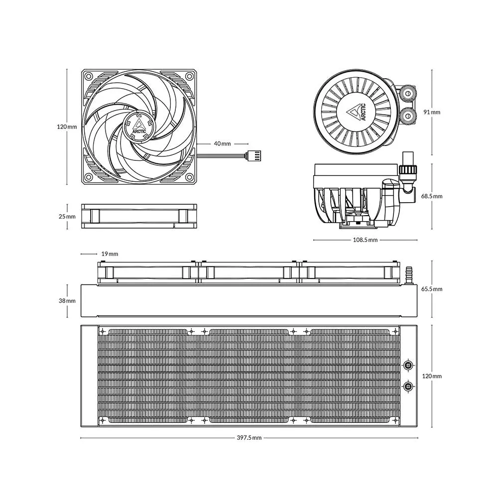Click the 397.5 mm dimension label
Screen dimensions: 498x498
pos(249,438)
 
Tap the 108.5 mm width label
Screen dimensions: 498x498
pos(365,240)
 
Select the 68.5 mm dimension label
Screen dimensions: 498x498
pos(432,196)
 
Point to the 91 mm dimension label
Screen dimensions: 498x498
pos(432,112)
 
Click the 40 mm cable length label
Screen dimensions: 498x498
pos(222,143)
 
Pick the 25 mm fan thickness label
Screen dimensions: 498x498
pos(67,217)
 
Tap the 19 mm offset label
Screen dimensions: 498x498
pos(110,254)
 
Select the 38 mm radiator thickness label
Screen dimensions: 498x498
pos(67,300)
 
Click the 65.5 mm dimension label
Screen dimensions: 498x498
pos(432,289)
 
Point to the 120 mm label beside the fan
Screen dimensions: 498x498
pos(67,126)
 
